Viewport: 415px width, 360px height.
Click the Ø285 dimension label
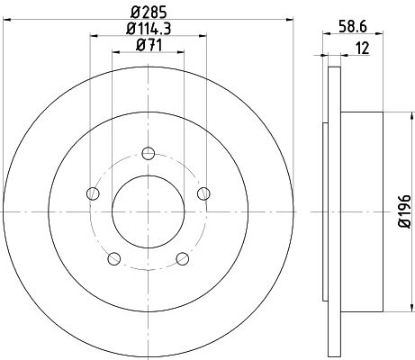point(149,13)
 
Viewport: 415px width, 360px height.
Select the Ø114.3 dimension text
point(149,29)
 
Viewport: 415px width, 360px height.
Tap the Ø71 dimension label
point(149,45)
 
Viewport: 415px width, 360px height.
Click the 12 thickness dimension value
point(362,49)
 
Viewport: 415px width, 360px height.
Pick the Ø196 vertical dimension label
point(404,211)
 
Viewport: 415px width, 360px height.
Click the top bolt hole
point(149,154)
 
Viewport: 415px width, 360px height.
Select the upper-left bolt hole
point(93,193)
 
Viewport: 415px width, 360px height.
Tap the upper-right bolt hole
point(203,193)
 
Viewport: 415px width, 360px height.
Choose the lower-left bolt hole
point(114,258)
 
